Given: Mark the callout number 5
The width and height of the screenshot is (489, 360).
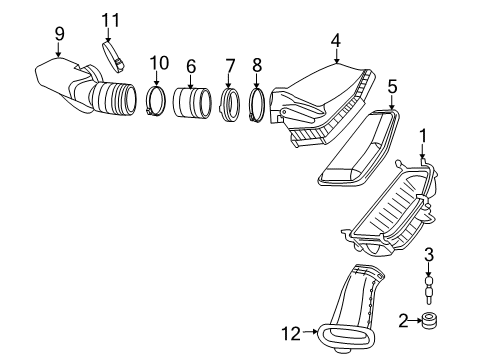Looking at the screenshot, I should click(392, 86).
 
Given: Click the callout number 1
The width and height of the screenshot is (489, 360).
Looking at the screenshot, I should click(423, 134).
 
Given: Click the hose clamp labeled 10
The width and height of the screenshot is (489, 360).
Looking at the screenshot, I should click(157, 101).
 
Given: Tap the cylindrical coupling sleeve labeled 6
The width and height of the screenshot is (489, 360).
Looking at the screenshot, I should click(191, 103).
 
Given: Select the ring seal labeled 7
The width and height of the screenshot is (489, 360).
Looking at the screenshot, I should click(229, 103).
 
